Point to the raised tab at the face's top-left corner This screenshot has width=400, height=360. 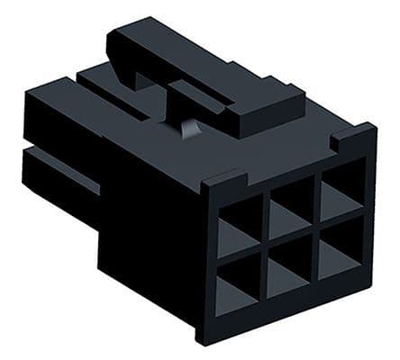click(x=216, y=177)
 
